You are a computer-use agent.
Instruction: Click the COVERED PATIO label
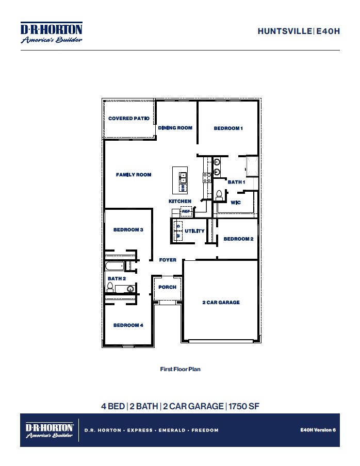(129, 119)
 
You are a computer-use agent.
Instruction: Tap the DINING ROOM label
(175, 128)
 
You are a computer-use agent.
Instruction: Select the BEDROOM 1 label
(228, 128)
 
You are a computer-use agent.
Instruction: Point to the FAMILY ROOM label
(134, 175)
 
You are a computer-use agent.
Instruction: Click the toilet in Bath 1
(219, 195)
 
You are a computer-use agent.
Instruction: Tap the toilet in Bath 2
(110, 287)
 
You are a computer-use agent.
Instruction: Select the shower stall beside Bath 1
(252, 166)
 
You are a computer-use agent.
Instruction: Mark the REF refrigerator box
(185, 211)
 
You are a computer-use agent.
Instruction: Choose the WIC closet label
(236, 203)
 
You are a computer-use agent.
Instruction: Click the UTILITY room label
(194, 231)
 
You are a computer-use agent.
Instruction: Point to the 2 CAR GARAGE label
(221, 303)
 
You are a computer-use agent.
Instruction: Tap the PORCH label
(167, 287)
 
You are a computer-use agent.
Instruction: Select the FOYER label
(168, 260)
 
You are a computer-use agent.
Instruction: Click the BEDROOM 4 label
(128, 325)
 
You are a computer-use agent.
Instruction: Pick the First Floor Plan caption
(180, 369)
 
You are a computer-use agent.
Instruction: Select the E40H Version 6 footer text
(318, 429)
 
